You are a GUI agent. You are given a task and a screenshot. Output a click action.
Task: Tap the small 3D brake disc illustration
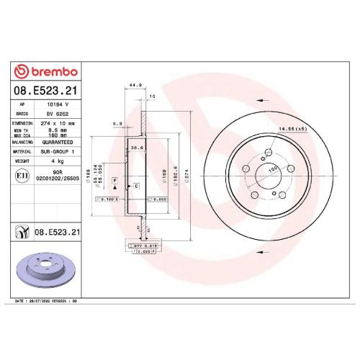pyautogui.click(x=48, y=270)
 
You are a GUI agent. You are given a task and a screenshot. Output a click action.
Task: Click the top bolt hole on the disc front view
pyautogui.click(x=267, y=152)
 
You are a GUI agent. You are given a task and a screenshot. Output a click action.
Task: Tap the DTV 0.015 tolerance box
pyautogui.click(x=146, y=246)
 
